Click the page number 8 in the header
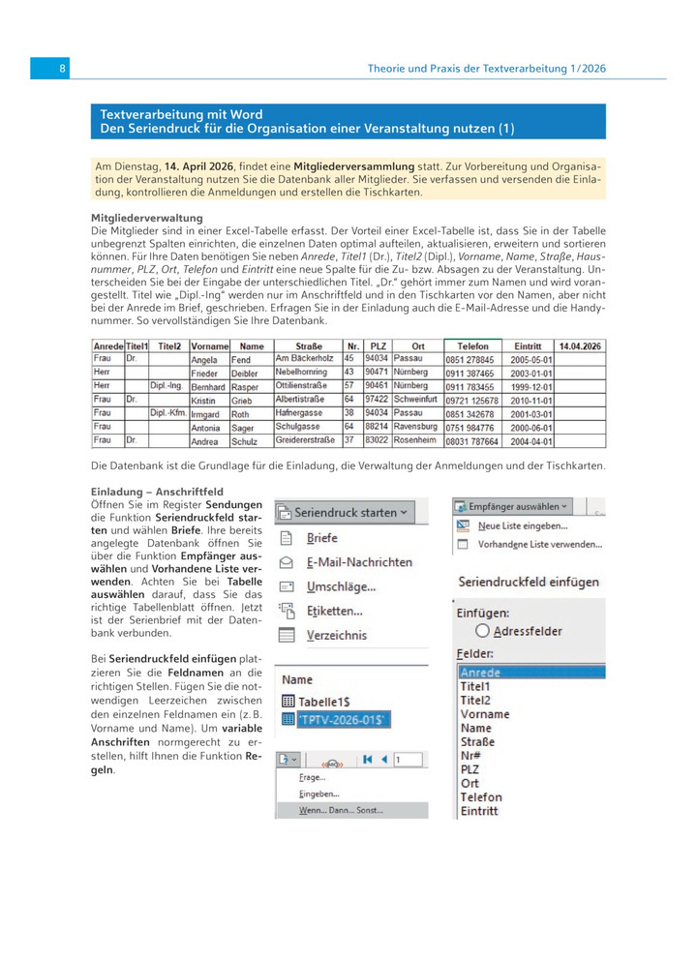[62, 69]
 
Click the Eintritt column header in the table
[528, 345]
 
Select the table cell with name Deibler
[245, 372]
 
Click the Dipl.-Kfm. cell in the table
[168, 413]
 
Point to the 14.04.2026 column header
[579, 345]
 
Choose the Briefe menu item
[322, 538]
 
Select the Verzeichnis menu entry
[336, 636]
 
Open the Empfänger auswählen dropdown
[513, 506]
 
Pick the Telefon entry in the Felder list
[481, 797]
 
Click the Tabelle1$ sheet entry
[327, 701]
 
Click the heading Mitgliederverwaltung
[146, 219]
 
